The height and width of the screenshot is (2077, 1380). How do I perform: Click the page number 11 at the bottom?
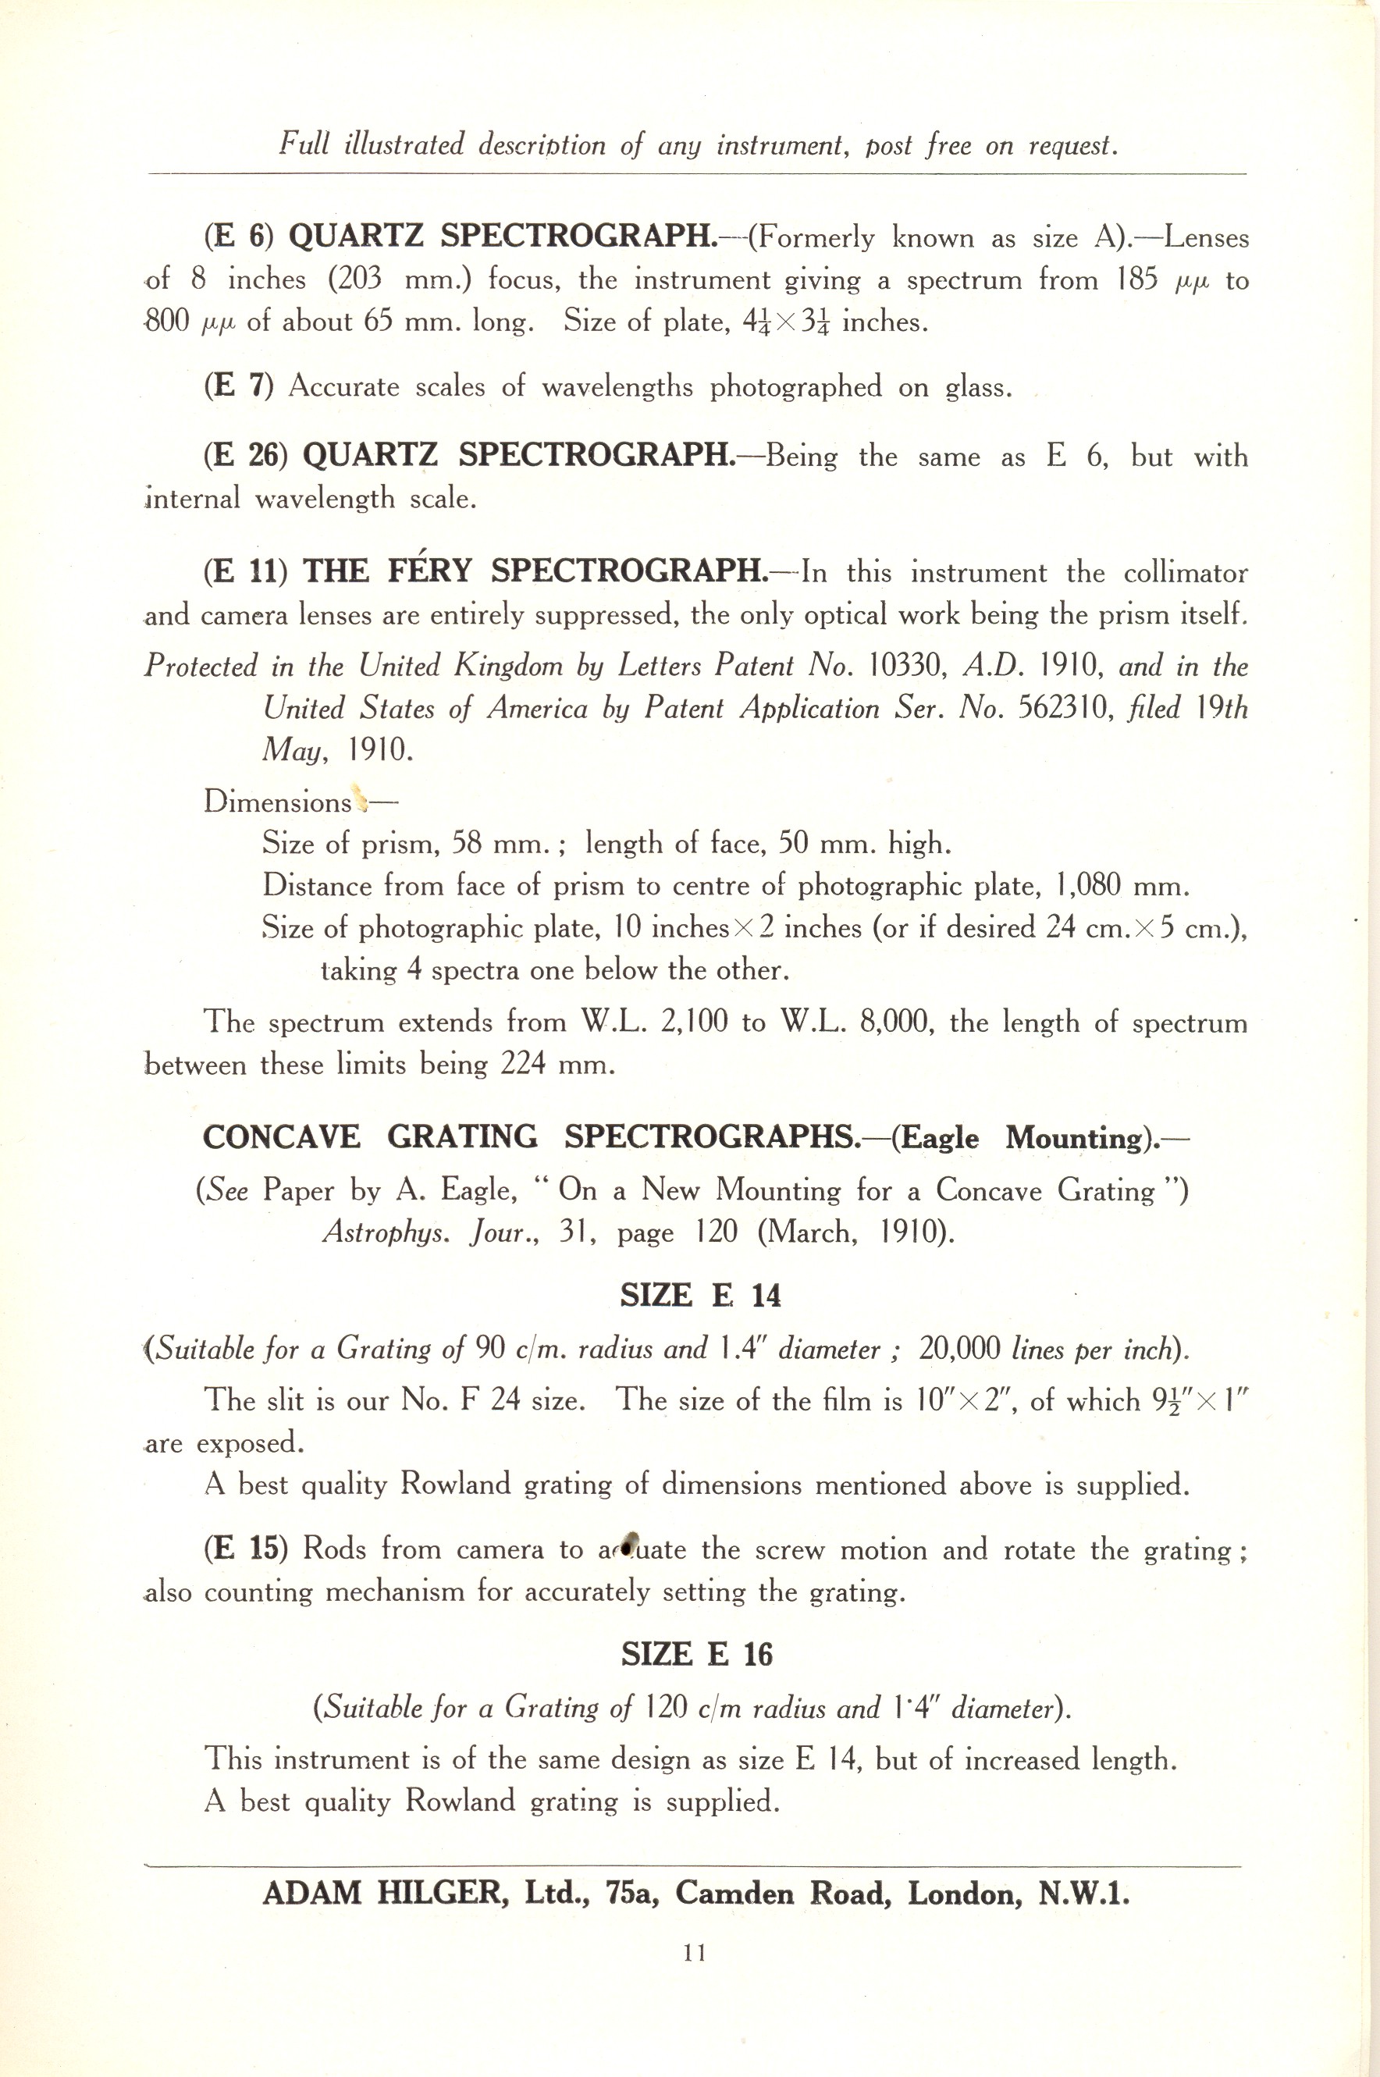coord(694,1952)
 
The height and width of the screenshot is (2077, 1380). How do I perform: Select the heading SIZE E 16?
coord(696,1655)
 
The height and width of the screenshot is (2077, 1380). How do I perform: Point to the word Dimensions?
coord(277,802)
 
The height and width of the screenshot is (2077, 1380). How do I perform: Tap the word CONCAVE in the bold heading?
coord(282,1136)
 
